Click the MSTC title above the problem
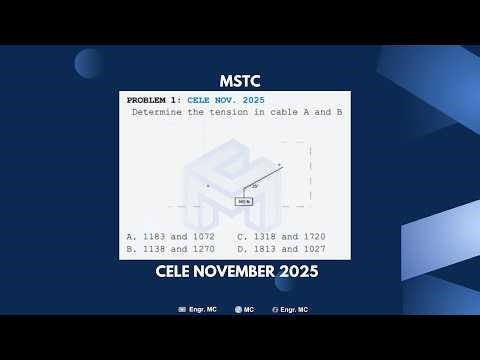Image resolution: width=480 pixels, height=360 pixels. (239, 81)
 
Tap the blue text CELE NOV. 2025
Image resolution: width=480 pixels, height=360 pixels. (226, 101)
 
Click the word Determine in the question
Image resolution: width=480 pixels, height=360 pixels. (157, 113)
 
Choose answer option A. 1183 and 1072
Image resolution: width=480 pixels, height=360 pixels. (171, 236)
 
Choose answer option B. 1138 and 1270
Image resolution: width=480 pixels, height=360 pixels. (171, 249)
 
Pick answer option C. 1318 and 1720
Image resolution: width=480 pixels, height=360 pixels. (281, 236)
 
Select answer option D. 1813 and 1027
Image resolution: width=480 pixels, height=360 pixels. (281, 249)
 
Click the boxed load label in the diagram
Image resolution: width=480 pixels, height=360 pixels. (244, 201)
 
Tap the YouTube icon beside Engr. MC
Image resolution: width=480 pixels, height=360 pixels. (182, 310)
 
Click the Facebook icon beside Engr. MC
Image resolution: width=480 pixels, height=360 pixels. (275, 310)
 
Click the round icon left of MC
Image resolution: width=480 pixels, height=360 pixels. (238, 310)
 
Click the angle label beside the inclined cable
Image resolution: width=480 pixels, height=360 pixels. (255, 186)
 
